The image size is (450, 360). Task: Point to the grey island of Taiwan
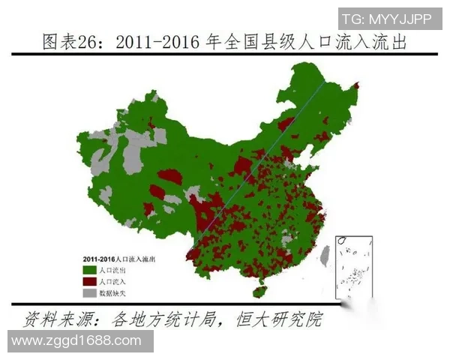point(325,256)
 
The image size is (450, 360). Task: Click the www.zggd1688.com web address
point(76,341)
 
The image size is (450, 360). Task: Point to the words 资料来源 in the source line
point(53,319)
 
